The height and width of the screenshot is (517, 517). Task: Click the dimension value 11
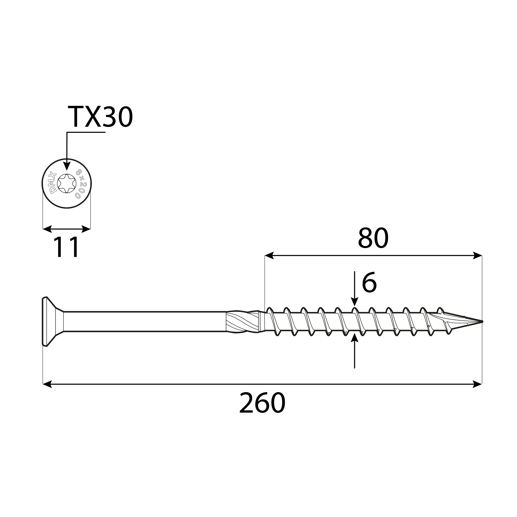click(66, 247)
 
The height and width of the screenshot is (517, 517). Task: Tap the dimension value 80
click(373, 238)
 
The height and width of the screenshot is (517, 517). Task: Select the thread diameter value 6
click(369, 283)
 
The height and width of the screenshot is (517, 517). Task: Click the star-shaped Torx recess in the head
click(67, 184)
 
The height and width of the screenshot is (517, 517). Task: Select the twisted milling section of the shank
click(242, 322)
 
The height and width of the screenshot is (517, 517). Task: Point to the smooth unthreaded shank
click(144, 322)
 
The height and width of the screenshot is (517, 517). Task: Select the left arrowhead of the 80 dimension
click(269, 255)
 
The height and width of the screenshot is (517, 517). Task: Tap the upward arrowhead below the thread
click(354, 338)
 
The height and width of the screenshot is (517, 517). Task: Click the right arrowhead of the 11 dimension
click(86, 229)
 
